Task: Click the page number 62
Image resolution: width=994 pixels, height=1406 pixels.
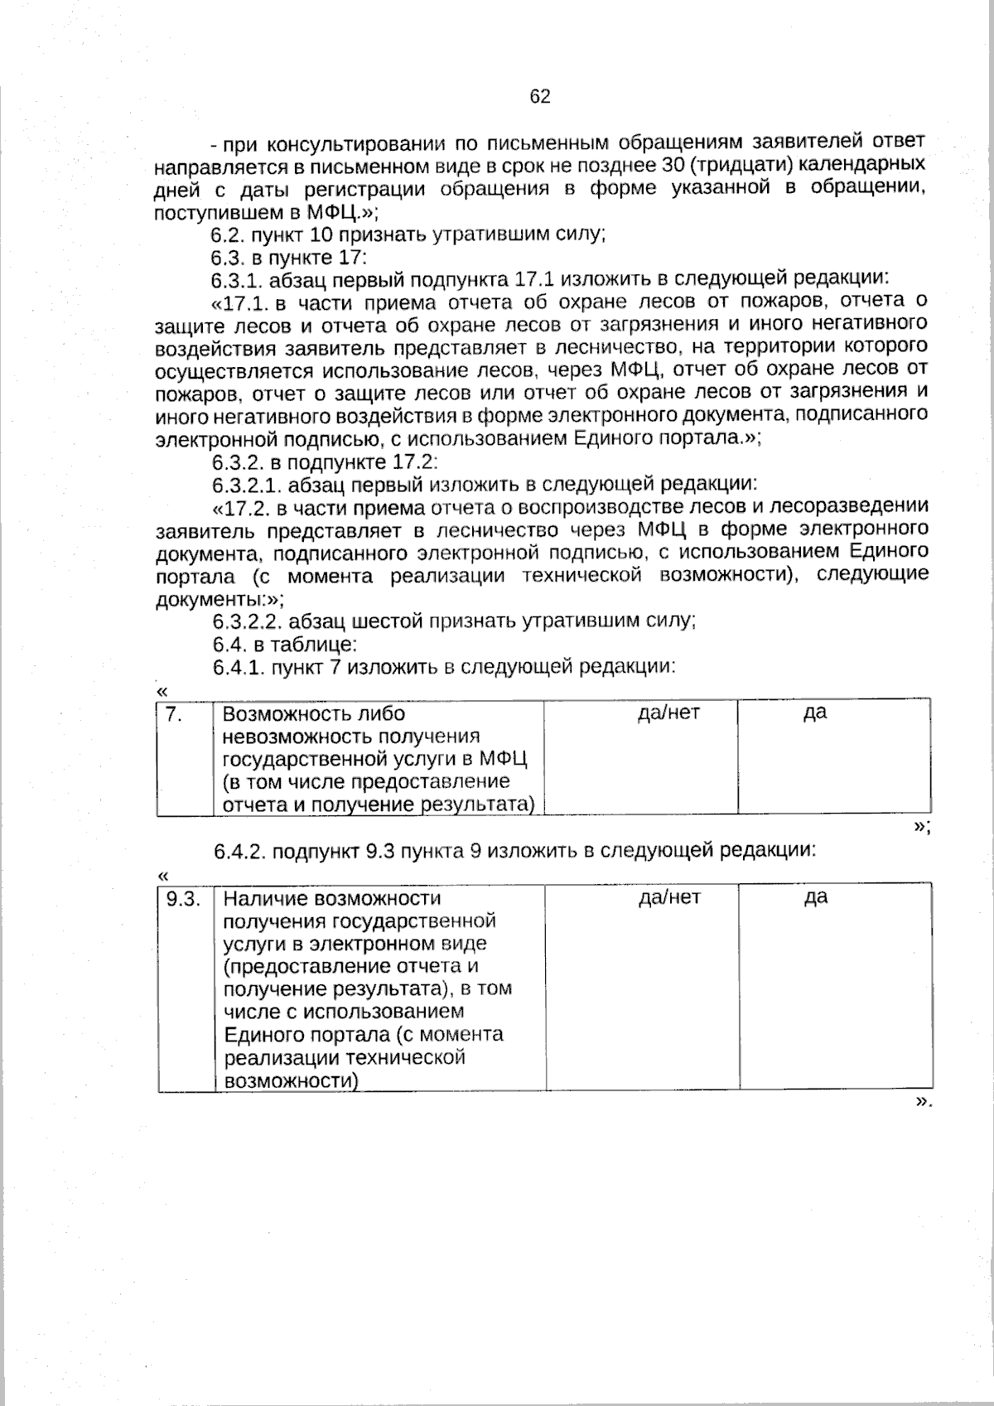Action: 539,97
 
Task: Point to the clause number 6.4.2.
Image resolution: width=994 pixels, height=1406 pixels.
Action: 239,851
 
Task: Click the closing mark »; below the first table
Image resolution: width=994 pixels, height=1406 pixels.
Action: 921,827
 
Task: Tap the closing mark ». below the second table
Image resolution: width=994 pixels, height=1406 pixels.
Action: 922,1103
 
